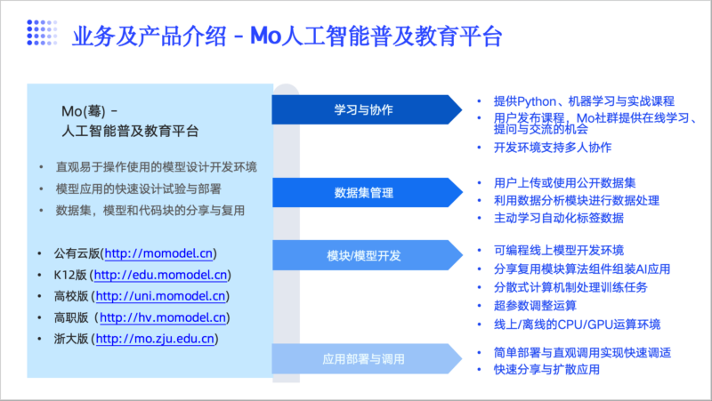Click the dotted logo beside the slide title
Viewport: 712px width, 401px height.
42,33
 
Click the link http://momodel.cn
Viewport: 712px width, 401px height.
158,253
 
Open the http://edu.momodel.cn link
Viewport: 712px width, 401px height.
160,275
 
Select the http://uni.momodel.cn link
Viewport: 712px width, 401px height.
160,296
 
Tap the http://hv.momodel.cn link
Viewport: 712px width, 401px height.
163,317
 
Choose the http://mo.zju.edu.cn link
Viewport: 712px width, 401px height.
155,339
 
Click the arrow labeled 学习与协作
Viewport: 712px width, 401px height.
367,109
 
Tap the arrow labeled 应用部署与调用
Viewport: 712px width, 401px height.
367,359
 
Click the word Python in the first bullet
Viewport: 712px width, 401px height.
537,101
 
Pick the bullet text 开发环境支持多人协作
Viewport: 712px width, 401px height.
553,148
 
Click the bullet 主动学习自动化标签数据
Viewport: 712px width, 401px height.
559,218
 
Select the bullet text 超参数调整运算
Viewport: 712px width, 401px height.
535,306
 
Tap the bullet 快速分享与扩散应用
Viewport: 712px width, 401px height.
546,370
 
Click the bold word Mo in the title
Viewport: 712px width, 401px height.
265,36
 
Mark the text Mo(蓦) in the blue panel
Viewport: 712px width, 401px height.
84,111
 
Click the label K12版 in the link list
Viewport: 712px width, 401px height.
70,275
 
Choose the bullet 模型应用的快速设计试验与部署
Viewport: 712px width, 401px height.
139,189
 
